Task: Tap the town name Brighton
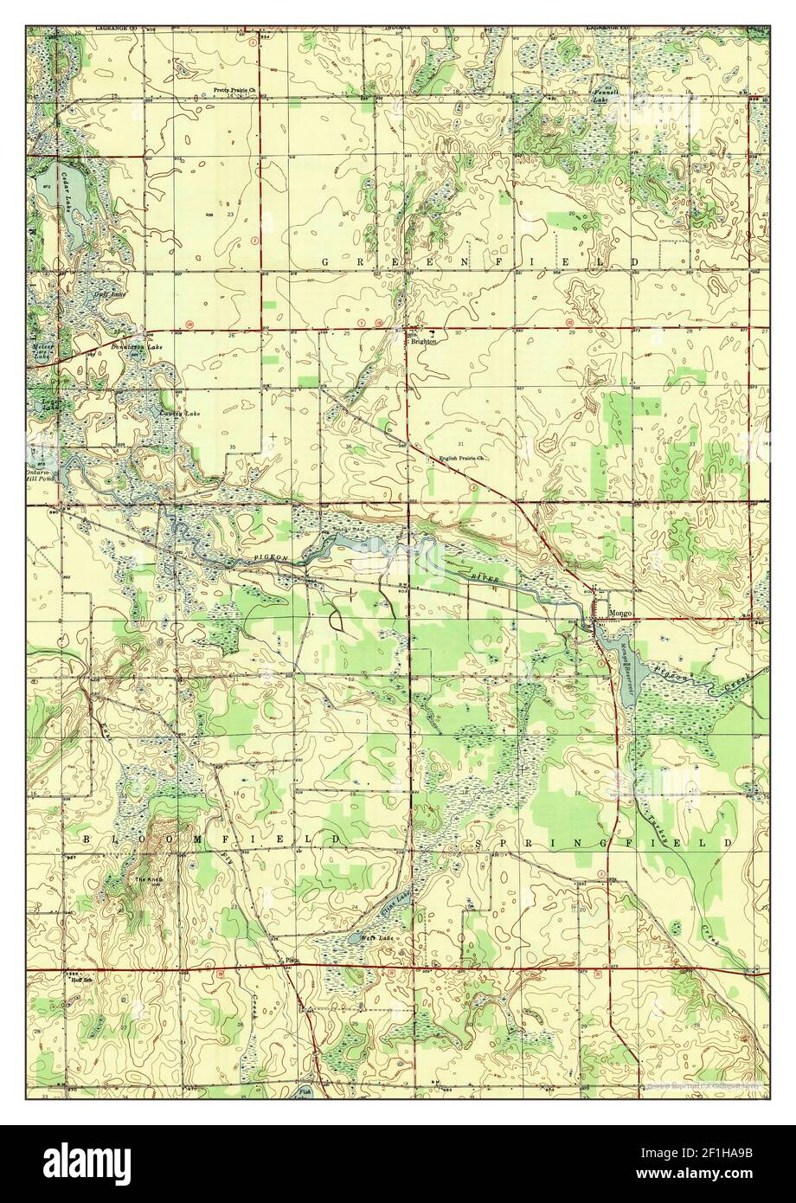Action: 423,342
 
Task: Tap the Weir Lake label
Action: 376,938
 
